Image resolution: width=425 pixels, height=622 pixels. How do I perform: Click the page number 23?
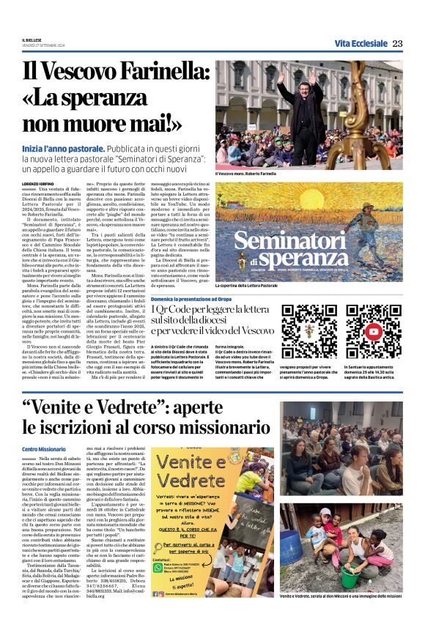398,44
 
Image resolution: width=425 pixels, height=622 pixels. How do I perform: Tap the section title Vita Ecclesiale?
361,44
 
